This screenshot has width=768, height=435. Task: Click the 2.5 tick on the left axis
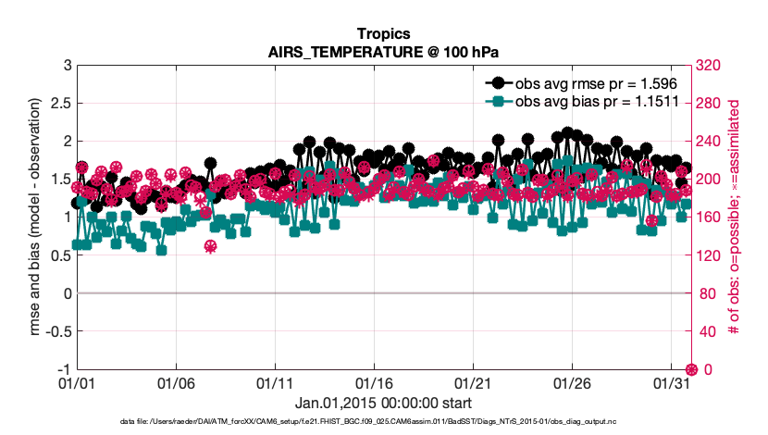pos(59,103)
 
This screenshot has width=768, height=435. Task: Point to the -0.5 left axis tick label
pos(56,331)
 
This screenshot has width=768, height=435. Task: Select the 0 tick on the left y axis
pos(67,293)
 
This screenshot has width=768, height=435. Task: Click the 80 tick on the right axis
pos(707,293)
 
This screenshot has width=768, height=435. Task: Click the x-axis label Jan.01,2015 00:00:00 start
pos(383,404)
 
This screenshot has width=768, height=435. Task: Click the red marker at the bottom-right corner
pos(690,369)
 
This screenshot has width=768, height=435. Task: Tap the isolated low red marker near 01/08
pos(210,246)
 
